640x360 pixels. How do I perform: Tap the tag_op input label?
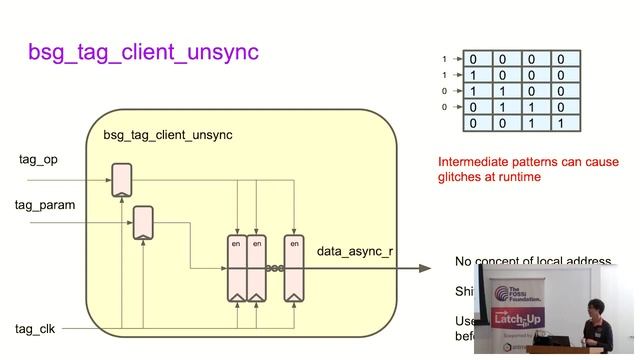tap(38, 160)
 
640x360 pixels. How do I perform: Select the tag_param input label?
tap(45, 205)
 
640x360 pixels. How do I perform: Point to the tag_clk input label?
tap(39, 328)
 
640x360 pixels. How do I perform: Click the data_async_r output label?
tap(355, 250)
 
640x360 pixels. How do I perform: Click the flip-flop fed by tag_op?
tap(122, 180)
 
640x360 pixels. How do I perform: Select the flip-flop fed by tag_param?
tap(143, 222)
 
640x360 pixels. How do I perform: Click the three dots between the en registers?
tap(274, 268)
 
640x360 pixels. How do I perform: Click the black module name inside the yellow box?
tap(167, 134)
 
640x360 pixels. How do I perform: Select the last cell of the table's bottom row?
tap(567, 123)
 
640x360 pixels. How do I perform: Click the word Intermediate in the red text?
tap(476, 162)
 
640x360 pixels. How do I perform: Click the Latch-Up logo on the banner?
tap(519, 319)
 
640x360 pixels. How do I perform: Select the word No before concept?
tap(464, 262)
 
